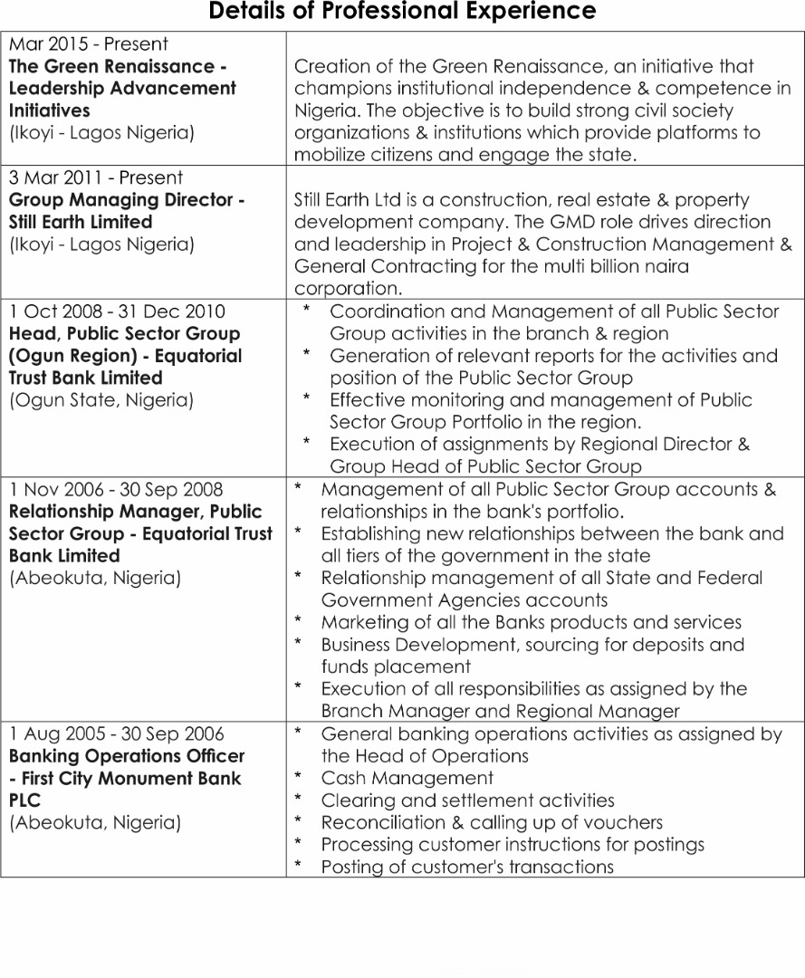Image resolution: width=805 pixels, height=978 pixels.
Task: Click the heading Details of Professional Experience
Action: pyautogui.click(x=402, y=12)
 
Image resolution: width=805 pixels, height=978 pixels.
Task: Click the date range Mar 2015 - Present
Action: pyautogui.click(x=88, y=43)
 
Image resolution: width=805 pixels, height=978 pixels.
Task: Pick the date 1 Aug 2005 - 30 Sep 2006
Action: pyautogui.click(x=117, y=734)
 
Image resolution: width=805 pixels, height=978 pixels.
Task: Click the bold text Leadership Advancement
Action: pyautogui.click(x=122, y=89)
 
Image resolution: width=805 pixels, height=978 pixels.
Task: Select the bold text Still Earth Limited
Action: pyautogui.click(x=81, y=222)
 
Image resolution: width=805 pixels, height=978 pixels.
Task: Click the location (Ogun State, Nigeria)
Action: pyautogui.click(x=101, y=400)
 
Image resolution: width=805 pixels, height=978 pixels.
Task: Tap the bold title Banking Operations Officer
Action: pyautogui.click(x=127, y=756)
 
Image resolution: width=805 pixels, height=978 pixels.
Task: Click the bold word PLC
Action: pyautogui.click(x=25, y=801)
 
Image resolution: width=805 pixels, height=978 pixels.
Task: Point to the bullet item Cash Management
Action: pyautogui.click(x=407, y=779)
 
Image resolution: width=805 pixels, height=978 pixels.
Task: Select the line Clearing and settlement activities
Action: pyautogui.click(x=467, y=801)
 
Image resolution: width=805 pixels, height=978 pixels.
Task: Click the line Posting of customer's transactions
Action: pyautogui.click(x=467, y=868)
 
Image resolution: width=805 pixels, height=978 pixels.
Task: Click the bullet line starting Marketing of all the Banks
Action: pyautogui.click(x=531, y=623)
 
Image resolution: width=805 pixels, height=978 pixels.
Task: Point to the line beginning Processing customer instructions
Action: pyautogui.click(x=513, y=845)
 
